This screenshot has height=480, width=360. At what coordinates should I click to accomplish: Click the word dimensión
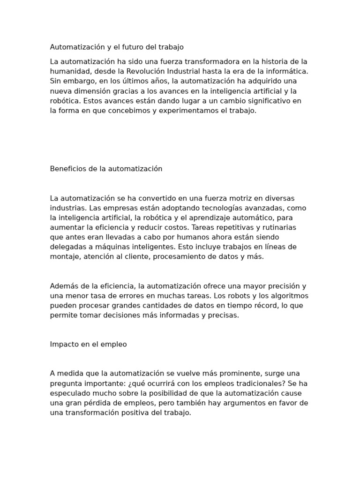(x=93, y=91)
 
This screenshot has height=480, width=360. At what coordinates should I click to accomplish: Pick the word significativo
(x=265, y=101)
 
